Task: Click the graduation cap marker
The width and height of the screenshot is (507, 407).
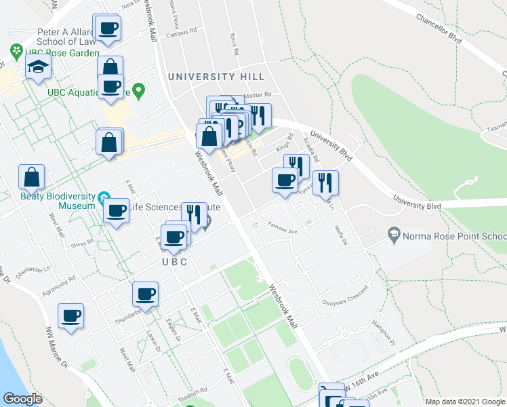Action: (x=38, y=66)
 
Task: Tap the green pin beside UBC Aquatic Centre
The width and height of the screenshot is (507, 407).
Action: (x=139, y=90)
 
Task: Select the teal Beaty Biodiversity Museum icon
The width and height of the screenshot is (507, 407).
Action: (x=104, y=198)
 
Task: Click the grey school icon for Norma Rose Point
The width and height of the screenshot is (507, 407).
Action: (x=393, y=235)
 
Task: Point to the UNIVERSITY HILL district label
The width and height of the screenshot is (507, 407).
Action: (x=216, y=77)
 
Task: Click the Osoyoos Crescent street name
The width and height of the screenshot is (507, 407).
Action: (x=346, y=303)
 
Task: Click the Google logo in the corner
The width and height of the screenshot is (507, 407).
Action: (x=23, y=398)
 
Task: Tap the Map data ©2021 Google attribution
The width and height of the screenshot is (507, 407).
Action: (x=464, y=402)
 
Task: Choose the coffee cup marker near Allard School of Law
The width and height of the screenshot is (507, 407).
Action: (x=108, y=28)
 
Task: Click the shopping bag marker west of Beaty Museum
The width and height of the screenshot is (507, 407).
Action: (x=31, y=177)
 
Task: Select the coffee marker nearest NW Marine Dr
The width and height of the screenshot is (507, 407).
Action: (x=70, y=315)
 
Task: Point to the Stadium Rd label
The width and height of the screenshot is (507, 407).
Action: (x=194, y=392)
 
